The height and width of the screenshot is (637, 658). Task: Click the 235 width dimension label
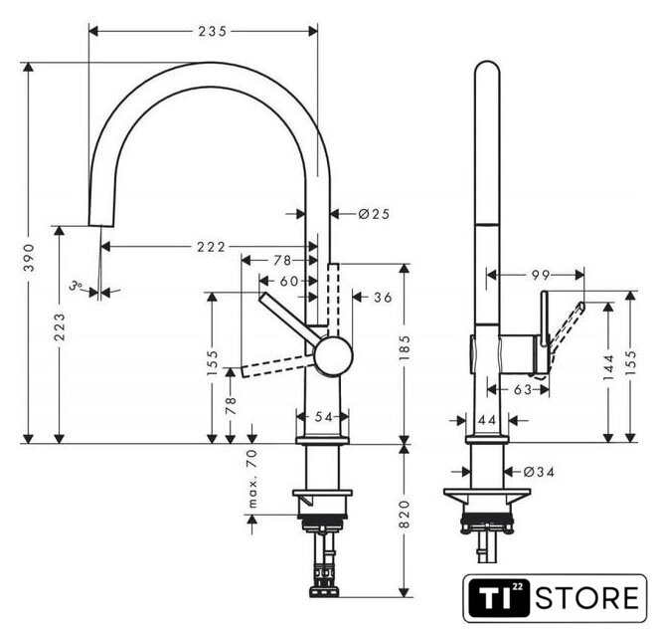[213, 32]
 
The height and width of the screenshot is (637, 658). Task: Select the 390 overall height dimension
[29, 257]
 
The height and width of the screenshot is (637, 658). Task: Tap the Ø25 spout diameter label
[375, 214]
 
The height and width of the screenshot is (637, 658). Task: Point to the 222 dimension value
[211, 247]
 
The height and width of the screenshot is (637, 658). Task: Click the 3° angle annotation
[76, 286]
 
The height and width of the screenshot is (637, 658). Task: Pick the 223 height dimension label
[60, 326]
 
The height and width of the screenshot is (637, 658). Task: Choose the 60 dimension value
[289, 281]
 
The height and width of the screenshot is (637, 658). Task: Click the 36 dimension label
[383, 298]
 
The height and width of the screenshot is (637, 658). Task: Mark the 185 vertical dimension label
[405, 347]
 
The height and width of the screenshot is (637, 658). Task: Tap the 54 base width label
[323, 417]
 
